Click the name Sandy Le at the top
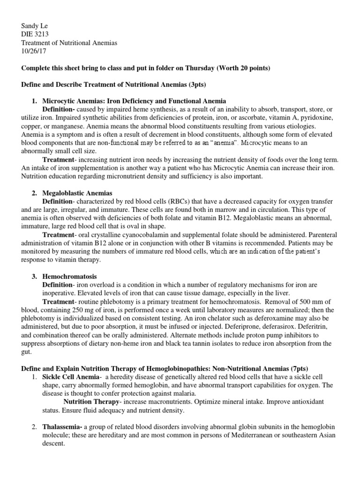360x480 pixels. (36, 26)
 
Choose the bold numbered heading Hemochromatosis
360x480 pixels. (70, 277)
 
